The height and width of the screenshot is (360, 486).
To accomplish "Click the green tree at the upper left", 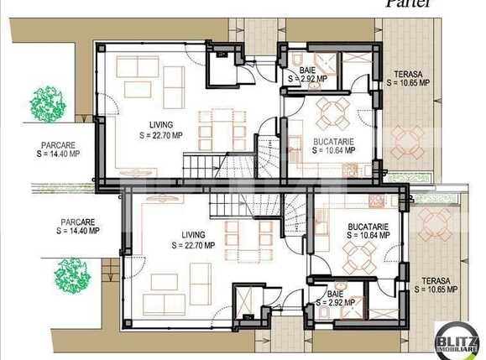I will point(47,102).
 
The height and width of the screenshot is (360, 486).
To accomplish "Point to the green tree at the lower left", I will point(72,274).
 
